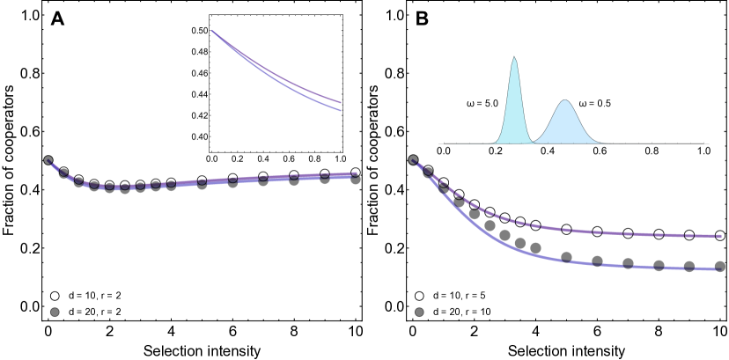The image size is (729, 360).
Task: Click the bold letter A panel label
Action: [57, 20]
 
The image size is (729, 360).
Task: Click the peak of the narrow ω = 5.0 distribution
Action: [515, 58]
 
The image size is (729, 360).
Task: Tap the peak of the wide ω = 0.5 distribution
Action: [565, 101]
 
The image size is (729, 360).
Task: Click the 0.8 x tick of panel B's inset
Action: [652, 152]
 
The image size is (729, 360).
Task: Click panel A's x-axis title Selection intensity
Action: [202, 351]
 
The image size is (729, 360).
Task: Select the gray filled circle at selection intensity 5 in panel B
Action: [567, 258]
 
